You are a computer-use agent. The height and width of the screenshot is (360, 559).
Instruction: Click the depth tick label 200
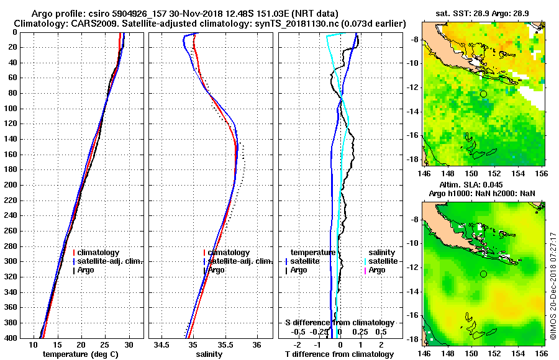tap(9, 185)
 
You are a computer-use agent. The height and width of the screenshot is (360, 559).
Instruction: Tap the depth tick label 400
tap(9, 338)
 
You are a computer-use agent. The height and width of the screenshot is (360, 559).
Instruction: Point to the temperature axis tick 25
tap(105, 344)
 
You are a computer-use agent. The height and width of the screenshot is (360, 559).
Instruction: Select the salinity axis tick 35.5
tap(224, 344)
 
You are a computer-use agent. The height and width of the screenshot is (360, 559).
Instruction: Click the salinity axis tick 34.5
tap(161, 344)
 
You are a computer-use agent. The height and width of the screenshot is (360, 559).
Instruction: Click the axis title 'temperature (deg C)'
tap(80, 354)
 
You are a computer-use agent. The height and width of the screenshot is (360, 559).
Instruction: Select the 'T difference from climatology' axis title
tap(339, 354)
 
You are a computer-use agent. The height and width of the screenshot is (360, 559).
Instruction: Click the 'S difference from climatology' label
tap(339, 323)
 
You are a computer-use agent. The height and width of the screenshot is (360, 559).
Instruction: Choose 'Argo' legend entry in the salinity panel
tap(217, 270)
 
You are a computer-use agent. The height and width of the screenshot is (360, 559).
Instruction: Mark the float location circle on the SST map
tap(483, 94)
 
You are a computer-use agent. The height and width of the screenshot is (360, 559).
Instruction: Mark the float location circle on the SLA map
tap(483, 274)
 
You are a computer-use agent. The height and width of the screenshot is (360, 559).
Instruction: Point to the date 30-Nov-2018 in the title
tap(170, 13)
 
